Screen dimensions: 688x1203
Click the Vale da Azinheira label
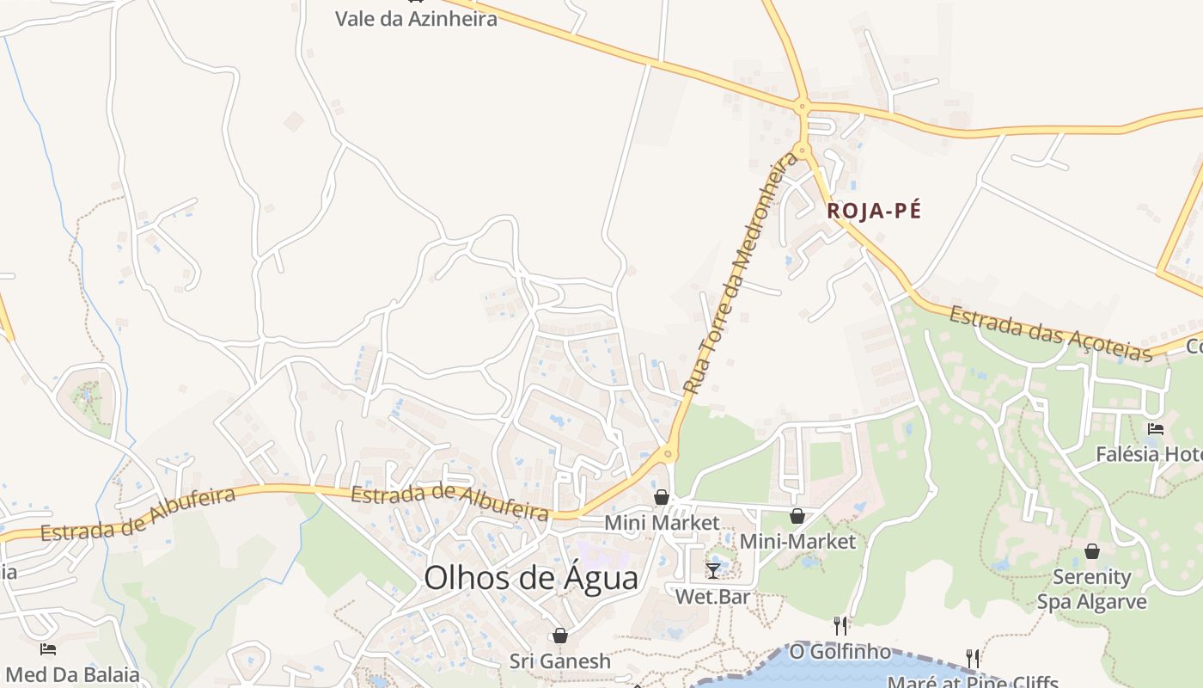[416, 19]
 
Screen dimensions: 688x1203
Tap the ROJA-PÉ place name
[873, 211]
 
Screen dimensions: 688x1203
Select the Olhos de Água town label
[531, 578]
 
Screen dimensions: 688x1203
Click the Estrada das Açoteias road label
[1049, 334]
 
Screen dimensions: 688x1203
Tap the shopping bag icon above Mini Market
[662, 497]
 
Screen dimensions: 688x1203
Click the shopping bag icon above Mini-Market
[797, 516]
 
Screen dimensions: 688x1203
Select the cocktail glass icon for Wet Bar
[713, 570]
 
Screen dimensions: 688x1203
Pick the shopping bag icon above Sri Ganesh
[560, 636]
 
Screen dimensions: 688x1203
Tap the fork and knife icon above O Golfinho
[840, 625]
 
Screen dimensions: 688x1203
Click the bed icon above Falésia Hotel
[1156, 428]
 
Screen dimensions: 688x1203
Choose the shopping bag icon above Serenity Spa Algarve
[1091, 551]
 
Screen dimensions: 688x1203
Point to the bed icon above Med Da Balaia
[48, 648]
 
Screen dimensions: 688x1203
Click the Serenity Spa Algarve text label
[1091, 589]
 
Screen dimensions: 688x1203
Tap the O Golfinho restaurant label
[840, 652]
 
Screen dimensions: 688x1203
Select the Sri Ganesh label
[560, 661]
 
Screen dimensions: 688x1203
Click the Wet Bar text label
[713, 596]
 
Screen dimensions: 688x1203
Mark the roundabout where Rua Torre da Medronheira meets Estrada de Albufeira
[668, 453]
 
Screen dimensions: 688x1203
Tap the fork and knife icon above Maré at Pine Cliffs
[973, 659]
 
